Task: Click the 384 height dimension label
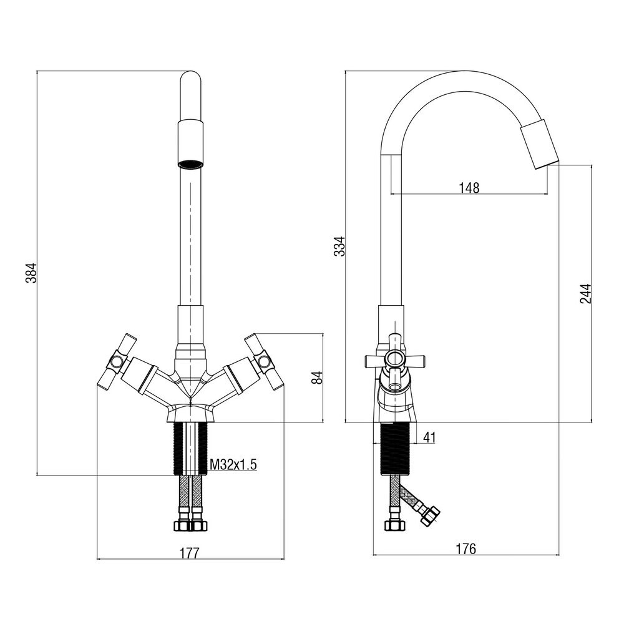(x=31, y=272)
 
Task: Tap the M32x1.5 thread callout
(x=233, y=464)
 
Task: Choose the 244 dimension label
(x=585, y=293)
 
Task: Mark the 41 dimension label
(x=429, y=437)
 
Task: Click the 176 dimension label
(x=466, y=548)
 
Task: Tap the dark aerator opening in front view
(x=191, y=165)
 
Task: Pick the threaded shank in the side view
(x=394, y=448)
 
